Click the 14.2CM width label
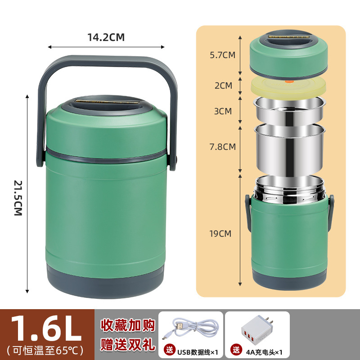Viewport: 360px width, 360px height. [106, 37]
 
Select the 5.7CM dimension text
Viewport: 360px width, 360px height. [222, 55]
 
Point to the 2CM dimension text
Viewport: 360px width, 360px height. [224, 85]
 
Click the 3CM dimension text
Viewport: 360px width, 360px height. [223, 111]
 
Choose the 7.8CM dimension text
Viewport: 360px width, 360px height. [222, 146]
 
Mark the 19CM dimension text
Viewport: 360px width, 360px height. [220, 233]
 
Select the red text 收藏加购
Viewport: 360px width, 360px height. [126, 325]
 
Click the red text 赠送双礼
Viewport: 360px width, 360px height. [126, 344]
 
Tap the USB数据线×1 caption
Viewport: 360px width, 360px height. [195, 350]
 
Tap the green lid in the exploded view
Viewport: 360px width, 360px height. [288, 56]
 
